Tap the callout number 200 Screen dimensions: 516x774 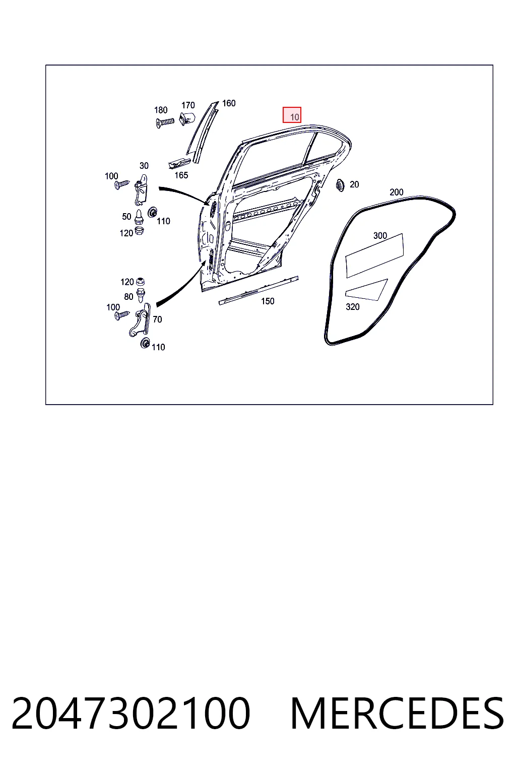pos(397,192)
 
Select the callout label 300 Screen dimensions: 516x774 pos(380,236)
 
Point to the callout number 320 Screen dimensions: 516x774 pos(353,306)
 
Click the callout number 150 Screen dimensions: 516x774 pos(268,301)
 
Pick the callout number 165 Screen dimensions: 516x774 pos(181,175)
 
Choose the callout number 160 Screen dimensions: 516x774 pos(229,103)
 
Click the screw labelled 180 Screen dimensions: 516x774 pos(165,122)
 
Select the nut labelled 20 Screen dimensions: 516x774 pos(340,185)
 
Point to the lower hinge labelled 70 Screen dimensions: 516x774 pos(140,320)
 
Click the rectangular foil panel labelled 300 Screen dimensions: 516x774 pos(374,255)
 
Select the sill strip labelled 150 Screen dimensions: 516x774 pos(258,291)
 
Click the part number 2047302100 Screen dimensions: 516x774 pos(131,714)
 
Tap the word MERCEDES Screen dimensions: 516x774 pos(397,714)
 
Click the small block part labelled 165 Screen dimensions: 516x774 pos(179,163)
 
